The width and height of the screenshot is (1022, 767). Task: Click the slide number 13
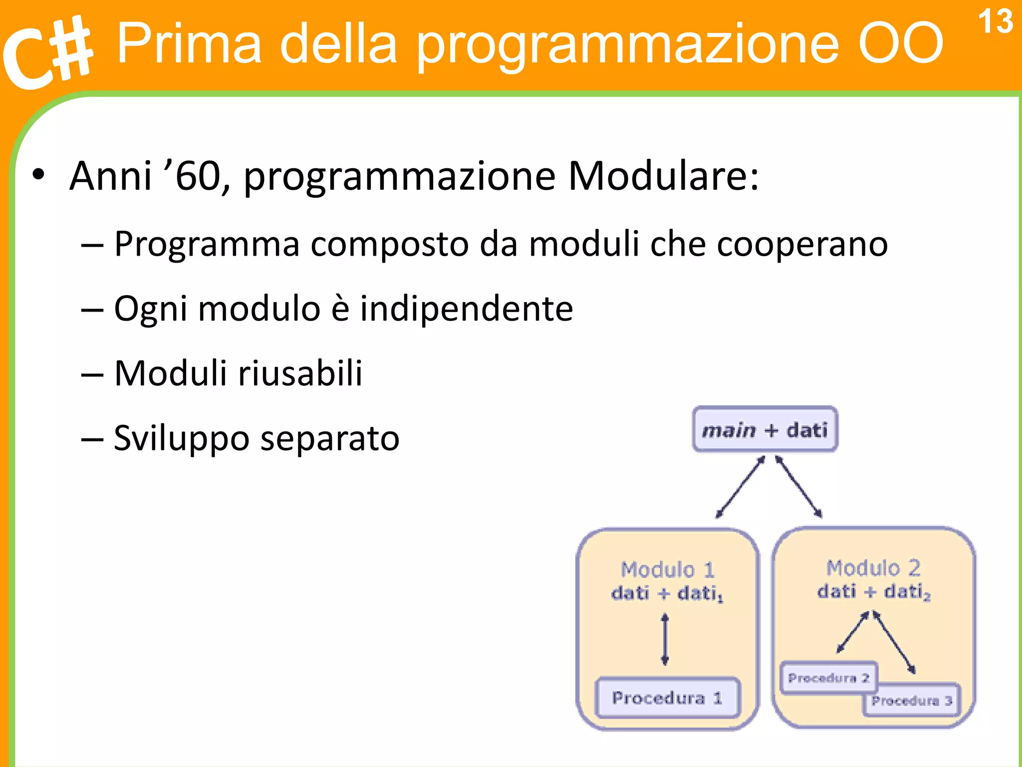click(995, 21)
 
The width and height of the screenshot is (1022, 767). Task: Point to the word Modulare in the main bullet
click(663, 176)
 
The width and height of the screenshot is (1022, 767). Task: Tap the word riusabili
click(300, 373)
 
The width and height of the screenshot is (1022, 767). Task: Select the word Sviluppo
click(181, 438)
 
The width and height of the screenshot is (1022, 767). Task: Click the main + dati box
click(765, 429)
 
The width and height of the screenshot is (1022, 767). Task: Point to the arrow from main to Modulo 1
click(740, 487)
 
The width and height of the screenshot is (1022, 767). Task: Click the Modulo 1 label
click(667, 569)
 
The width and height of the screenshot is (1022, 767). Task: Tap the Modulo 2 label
click(873, 568)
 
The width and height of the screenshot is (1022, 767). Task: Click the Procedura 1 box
click(667, 698)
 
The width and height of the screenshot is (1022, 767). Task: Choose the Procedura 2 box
click(828, 678)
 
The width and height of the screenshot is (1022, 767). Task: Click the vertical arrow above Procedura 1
click(665, 640)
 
